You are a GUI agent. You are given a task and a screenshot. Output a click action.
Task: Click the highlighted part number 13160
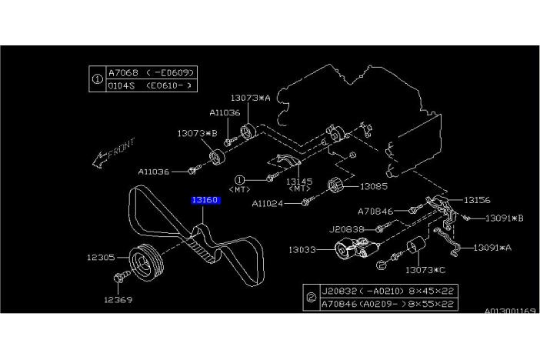coord(206,201)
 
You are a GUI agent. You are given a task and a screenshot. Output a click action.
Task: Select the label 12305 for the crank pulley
coord(101,257)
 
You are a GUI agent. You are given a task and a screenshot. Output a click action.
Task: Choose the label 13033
coord(305,249)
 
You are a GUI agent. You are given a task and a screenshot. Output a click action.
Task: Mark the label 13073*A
coord(250,98)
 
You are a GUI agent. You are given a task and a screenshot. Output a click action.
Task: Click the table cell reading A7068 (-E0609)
coord(150,72)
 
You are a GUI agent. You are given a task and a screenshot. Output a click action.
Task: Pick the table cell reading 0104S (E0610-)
coord(150,86)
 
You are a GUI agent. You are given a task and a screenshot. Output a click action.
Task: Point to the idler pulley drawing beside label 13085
coord(333,186)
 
